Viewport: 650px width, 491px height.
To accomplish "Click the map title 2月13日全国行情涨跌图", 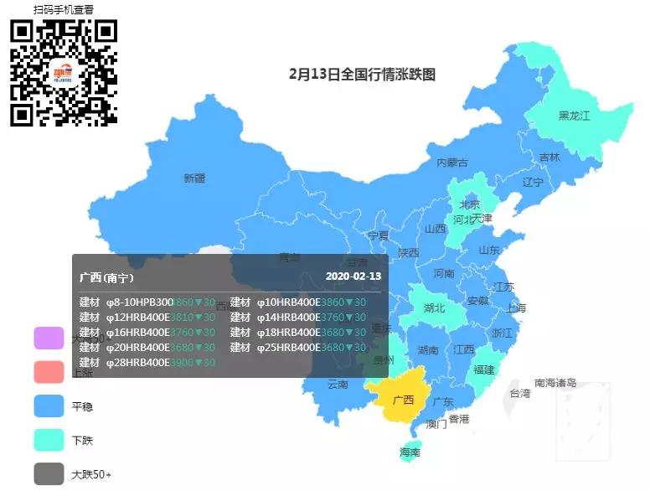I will pyautogui.click(x=362, y=74).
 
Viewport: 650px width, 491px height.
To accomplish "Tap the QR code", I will pyautogui.click(x=63, y=72).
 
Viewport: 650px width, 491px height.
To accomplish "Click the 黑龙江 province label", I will pyautogui.click(x=575, y=116).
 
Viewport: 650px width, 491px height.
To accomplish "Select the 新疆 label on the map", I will pyautogui.click(x=194, y=178).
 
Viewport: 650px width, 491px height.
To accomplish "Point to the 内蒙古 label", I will pyautogui.click(x=452, y=163).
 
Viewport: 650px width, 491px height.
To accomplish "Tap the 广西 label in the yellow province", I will pyautogui.click(x=403, y=400).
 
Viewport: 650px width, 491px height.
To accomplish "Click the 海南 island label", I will pyautogui.click(x=410, y=452).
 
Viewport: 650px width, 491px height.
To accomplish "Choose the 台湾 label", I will pyautogui.click(x=519, y=393).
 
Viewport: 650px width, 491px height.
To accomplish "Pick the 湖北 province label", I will pyautogui.click(x=434, y=308).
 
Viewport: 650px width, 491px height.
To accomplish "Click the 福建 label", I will pyautogui.click(x=484, y=369).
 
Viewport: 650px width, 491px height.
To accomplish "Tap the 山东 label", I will pyautogui.click(x=489, y=250).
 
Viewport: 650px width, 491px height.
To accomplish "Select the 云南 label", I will pyautogui.click(x=338, y=384).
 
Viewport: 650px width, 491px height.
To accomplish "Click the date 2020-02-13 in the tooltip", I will pyautogui.click(x=353, y=277).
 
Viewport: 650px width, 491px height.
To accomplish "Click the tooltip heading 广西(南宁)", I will pyautogui.click(x=106, y=277).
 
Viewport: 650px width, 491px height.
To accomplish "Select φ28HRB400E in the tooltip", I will pyautogui.click(x=138, y=362).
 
